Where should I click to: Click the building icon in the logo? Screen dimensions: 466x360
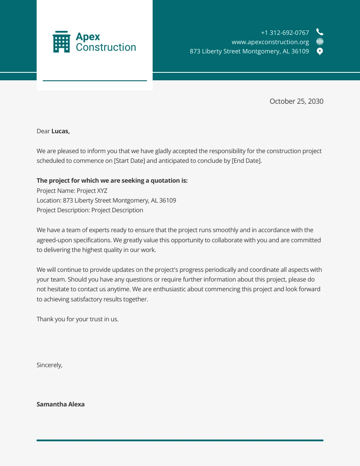point(61,42)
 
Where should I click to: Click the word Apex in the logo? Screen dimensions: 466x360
point(88,37)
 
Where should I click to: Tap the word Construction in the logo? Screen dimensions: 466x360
point(106,47)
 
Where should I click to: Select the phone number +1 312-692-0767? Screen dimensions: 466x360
point(285,33)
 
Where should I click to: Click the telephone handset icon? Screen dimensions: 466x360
point(320,32)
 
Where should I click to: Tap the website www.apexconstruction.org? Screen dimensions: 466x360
point(270,42)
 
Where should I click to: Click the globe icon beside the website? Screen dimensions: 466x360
point(320,42)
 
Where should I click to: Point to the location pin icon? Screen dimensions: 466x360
point(320,51)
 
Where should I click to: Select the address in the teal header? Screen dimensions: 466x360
point(249,51)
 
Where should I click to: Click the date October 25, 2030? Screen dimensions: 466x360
point(296,101)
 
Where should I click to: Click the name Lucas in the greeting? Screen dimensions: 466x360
point(60,131)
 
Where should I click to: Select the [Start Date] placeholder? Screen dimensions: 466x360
point(129,161)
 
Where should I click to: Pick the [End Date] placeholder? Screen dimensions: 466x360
point(246,161)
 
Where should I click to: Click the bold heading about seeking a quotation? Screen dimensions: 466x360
point(112,180)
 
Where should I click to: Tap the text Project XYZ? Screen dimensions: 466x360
point(92,191)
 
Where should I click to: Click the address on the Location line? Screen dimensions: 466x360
point(119,200)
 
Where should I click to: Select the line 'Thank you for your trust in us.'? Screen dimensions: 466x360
point(78,319)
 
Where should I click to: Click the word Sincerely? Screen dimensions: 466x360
point(49,365)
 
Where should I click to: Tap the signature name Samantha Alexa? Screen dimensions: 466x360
point(60,404)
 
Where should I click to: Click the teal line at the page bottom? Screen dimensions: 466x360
point(180,440)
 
